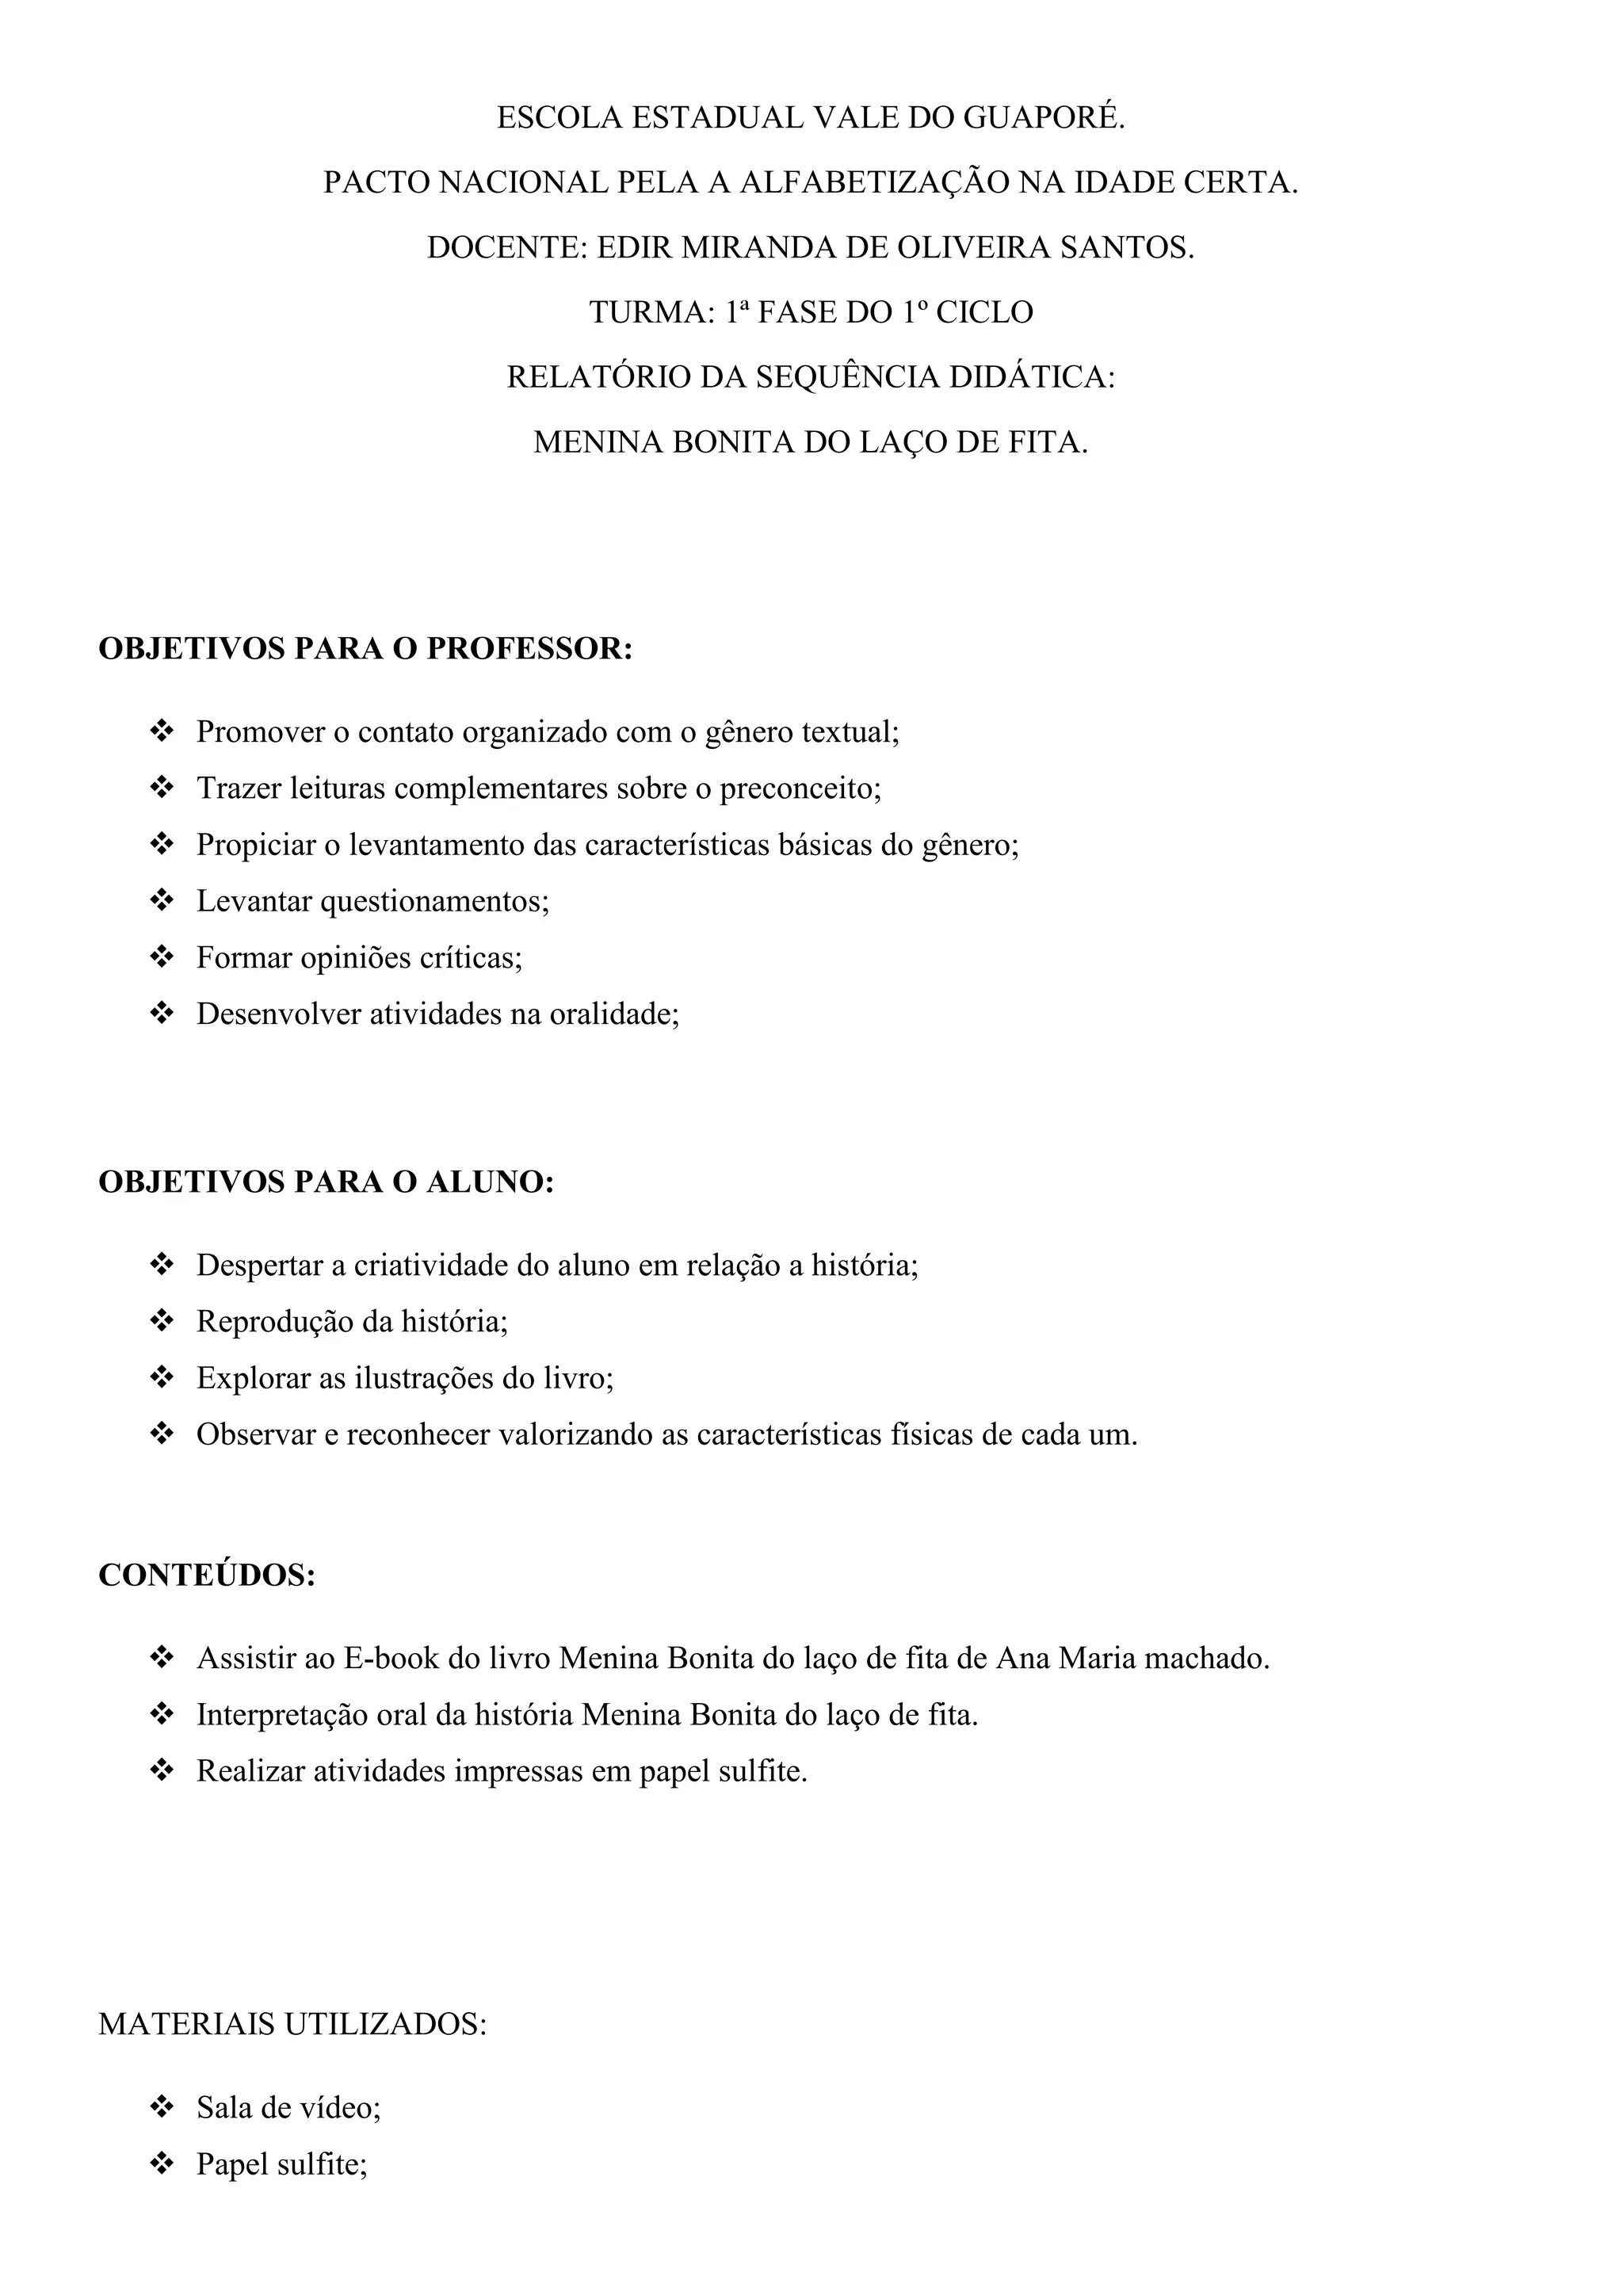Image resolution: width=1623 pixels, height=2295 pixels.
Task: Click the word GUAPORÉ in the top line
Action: click(x=1044, y=119)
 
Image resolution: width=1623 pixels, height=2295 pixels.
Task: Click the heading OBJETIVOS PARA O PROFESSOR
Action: click(x=366, y=649)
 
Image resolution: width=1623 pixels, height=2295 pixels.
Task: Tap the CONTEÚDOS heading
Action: click(x=207, y=1575)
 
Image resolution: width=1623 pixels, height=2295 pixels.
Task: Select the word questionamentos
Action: click(x=433, y=902)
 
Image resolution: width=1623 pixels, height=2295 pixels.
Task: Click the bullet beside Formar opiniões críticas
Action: click(x=161, y=957)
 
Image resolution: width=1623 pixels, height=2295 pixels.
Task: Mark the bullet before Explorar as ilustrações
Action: click(x=161, y=1378)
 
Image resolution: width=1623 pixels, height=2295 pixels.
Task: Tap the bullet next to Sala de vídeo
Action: click(x=161, y=2108)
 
